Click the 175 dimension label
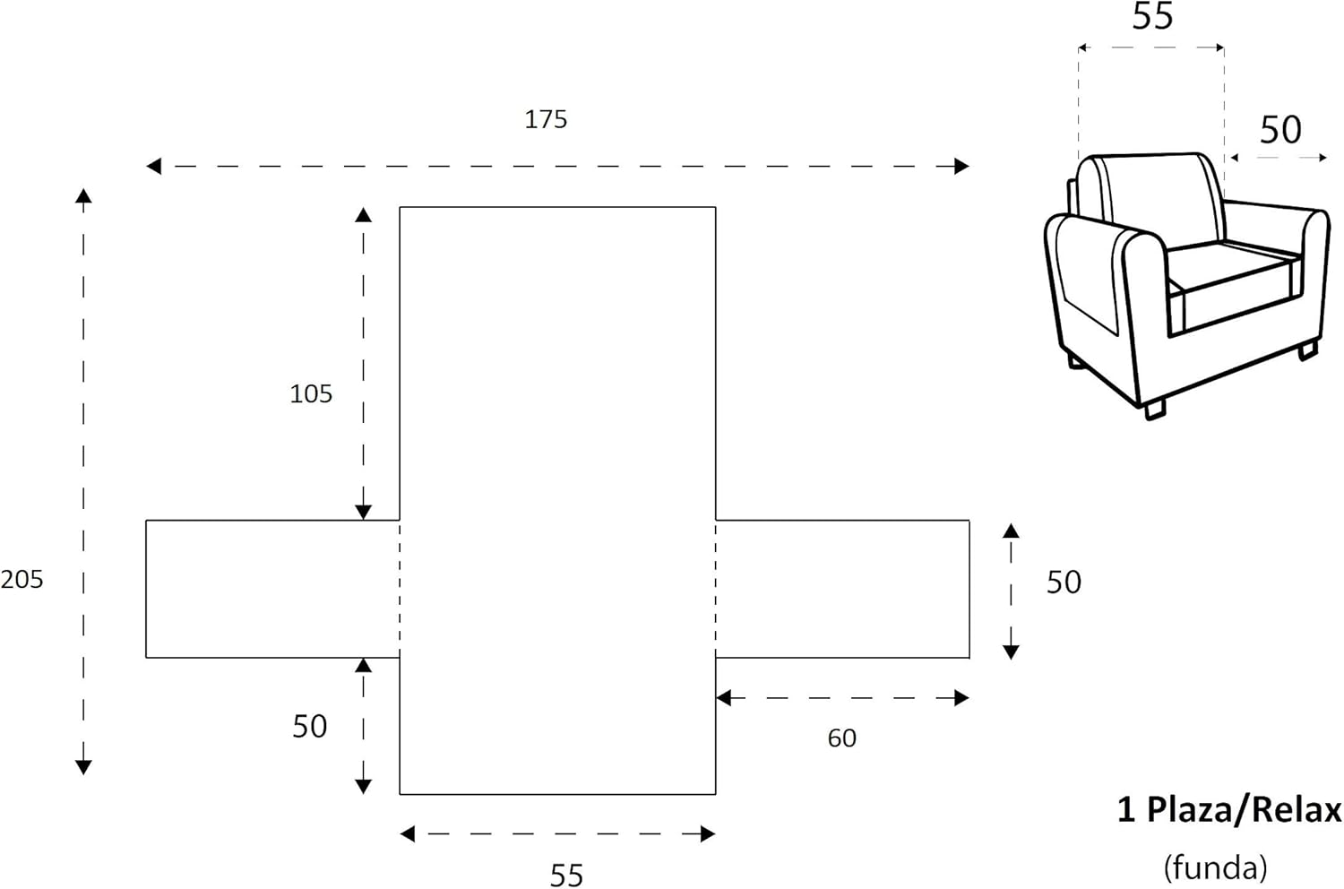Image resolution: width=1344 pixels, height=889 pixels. pos(546,119)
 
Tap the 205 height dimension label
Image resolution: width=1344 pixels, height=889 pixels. pos(22,579)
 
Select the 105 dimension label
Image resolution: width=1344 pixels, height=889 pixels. pos(311,393)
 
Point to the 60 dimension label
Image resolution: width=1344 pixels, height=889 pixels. pos(842,738)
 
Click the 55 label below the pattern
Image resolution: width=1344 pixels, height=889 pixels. pos(566,876)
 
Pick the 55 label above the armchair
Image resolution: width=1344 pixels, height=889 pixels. pos(1152,17)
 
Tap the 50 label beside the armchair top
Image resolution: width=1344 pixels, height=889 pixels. pos(1279,130)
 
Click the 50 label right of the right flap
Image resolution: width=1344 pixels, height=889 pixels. pos(1064,583)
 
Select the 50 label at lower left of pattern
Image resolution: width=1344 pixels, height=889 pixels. pos(310,726)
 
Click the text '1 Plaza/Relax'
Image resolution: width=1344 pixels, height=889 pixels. pos(1228,810)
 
